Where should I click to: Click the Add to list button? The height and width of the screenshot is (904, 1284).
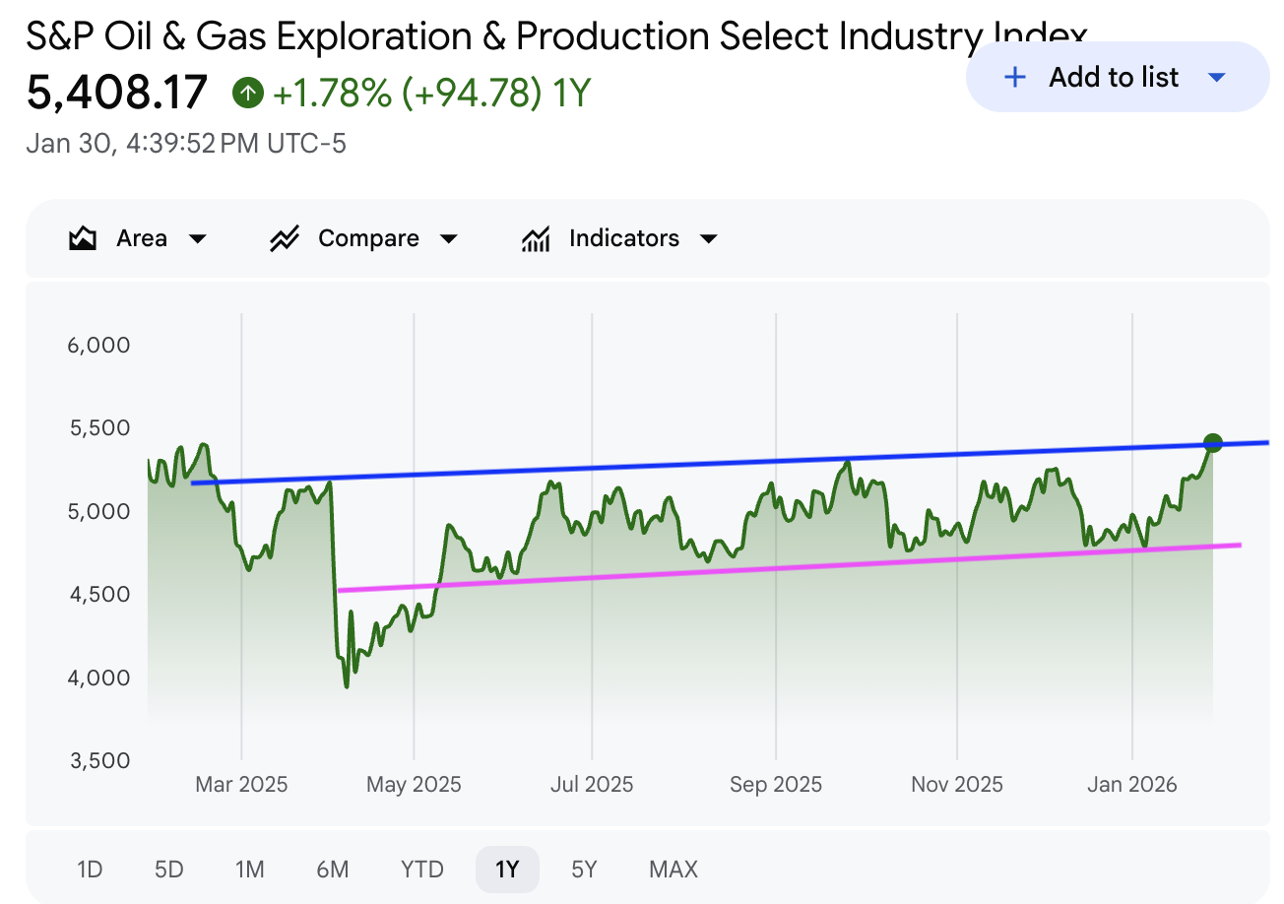click(x=1117, y=78)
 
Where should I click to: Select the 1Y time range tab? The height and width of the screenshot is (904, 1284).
click(x=506, y=870)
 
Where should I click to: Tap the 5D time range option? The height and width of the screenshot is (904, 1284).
click(x=169, y=870)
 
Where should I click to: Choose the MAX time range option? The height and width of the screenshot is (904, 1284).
click(x=674, y=870)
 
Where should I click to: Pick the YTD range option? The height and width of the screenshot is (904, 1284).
click(x=422, y=870)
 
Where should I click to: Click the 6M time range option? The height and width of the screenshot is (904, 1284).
click(x=333, y=870)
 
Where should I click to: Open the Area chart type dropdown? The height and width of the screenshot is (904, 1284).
click(x=139, y=238)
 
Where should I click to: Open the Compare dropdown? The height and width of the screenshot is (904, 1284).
click(x=364, y=238)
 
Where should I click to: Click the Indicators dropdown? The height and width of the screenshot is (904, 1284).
click(x=620, y=238)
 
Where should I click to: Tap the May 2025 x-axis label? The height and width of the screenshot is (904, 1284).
click(x=414, y=785)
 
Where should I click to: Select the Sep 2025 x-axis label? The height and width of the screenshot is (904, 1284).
click(x=776, y=785)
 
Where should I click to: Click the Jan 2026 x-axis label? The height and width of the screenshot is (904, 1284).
click(x=1132, y=785)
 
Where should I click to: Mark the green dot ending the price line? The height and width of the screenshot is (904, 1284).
click(x=1213, y=443)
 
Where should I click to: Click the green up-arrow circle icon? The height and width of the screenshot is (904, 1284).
click(x=247, y=94)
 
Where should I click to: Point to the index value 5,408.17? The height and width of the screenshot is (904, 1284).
click(x=117, y=93)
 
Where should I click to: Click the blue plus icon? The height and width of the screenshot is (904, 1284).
click(x=1014, y=78)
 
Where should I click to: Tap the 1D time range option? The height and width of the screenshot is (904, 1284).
click(x=90, y=870)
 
